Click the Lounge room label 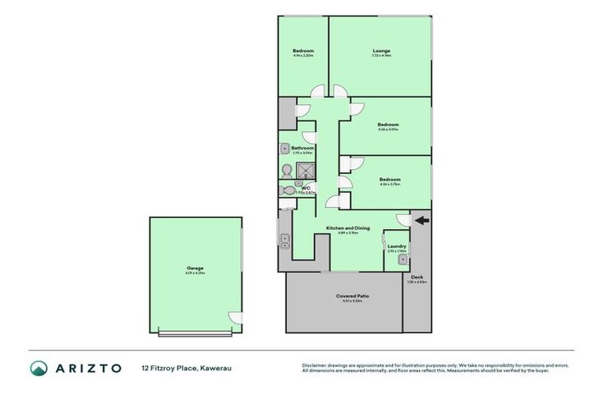[x=381, y=51]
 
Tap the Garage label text [x=195, y=268]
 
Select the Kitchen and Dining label [x=343, y=228]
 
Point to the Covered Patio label [x=353, y=296]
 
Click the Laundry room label [x=397, y=246]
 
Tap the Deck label [x=417, y=277]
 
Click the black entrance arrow [x=423, y=220]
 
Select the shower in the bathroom [x=304, y=169]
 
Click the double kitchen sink [x=284, y=240]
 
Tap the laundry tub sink [x=403, y=259]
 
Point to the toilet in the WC [x=288, y=190]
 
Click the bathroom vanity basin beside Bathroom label [x=284, y=148]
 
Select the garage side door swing [x=235, y=317]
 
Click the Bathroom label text [x=302, y=148]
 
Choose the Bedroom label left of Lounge [x=303, y=51]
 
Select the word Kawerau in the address [x=216, y=368]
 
